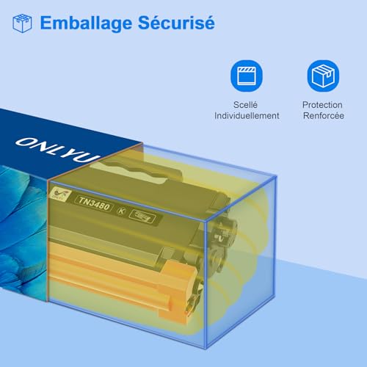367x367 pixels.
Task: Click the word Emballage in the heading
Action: (86, 23)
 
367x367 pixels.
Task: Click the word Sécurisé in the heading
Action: (176, 22)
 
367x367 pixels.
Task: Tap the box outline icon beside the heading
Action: (22, 23)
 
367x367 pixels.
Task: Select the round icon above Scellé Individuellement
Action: (247, 76)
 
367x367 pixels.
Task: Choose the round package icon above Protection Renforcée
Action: (323, 76)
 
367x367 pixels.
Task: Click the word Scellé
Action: (245, 105)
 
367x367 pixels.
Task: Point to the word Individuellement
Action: (247, 115)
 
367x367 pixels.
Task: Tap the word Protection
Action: (322, 105)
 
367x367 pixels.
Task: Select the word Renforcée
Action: (324, 115)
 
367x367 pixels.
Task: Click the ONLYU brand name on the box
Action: (58, 150)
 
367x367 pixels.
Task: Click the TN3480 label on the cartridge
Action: (94, 203)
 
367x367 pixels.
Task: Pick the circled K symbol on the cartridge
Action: (121, 211)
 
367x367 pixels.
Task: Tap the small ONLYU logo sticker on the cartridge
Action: (59, 194)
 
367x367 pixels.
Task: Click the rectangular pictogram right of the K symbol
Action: (142, 216)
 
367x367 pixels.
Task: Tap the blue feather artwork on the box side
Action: (23, 233)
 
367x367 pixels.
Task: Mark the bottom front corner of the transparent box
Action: (206, 349)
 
